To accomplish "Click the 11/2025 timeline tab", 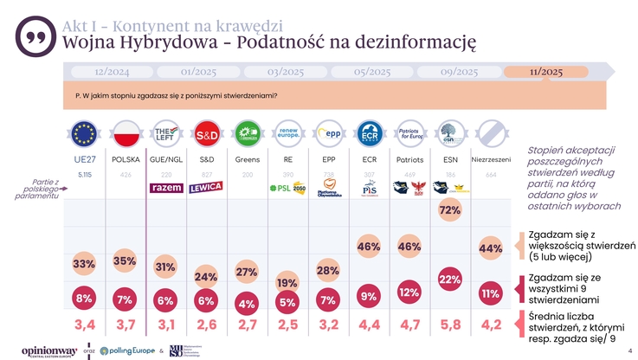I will pos(546,72).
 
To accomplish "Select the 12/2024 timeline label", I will pos(112,72).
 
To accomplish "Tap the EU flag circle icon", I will pos(85,135).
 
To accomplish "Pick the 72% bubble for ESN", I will pos(450,210).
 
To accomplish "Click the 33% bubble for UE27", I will pos(84,263).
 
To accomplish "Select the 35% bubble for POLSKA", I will pos(125,261).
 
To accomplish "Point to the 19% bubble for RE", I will pos(287,283).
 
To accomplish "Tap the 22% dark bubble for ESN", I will pos(450,279).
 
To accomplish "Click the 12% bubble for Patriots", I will pos(409,292).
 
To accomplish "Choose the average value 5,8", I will pos(450,325).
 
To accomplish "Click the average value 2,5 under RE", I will pos(287,325).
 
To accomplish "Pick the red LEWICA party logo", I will pos(207,187).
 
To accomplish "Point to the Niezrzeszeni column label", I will pos(491,159).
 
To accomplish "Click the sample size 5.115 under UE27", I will pos(85,175).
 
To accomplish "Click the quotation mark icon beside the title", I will pos(34,37).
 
